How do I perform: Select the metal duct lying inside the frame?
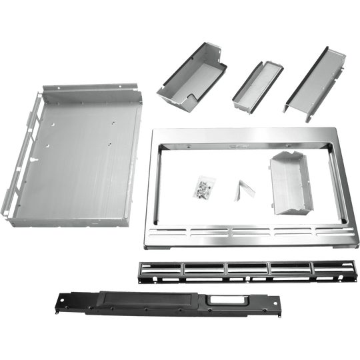click(x=291, y=184)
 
